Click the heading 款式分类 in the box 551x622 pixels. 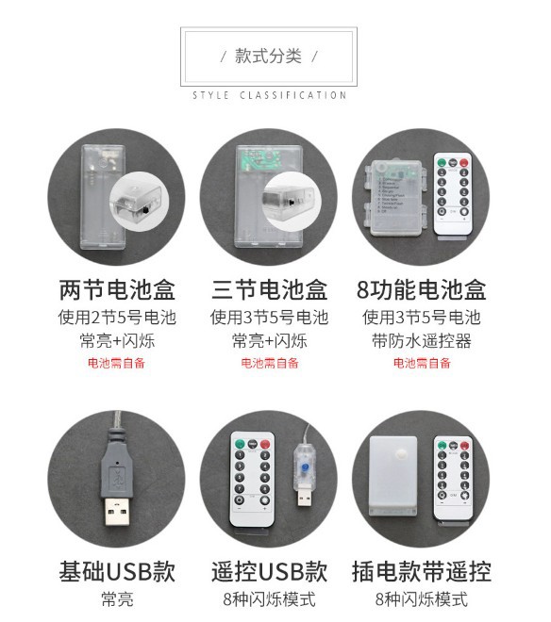[x=269, y=57]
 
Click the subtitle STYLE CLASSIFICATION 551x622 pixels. [x=269, y=95]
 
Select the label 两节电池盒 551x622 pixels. [x=117, y=288]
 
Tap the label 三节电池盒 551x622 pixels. [x=269, y=288]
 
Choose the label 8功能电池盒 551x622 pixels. [x=421, y=288]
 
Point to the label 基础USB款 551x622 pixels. [x=117, y=571]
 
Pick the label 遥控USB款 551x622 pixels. [x=269, y=571]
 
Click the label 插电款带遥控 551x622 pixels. [x=421, y=571]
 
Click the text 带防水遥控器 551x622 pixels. [x=421, y=340]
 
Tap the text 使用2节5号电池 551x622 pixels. [x=117, y=317]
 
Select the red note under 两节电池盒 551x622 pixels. [x=117, y=363]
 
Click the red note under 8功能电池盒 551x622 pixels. [x=421, y=363]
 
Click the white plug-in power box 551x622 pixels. [x=395, y=476]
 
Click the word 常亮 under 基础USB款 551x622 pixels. [x=117, y=599]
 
